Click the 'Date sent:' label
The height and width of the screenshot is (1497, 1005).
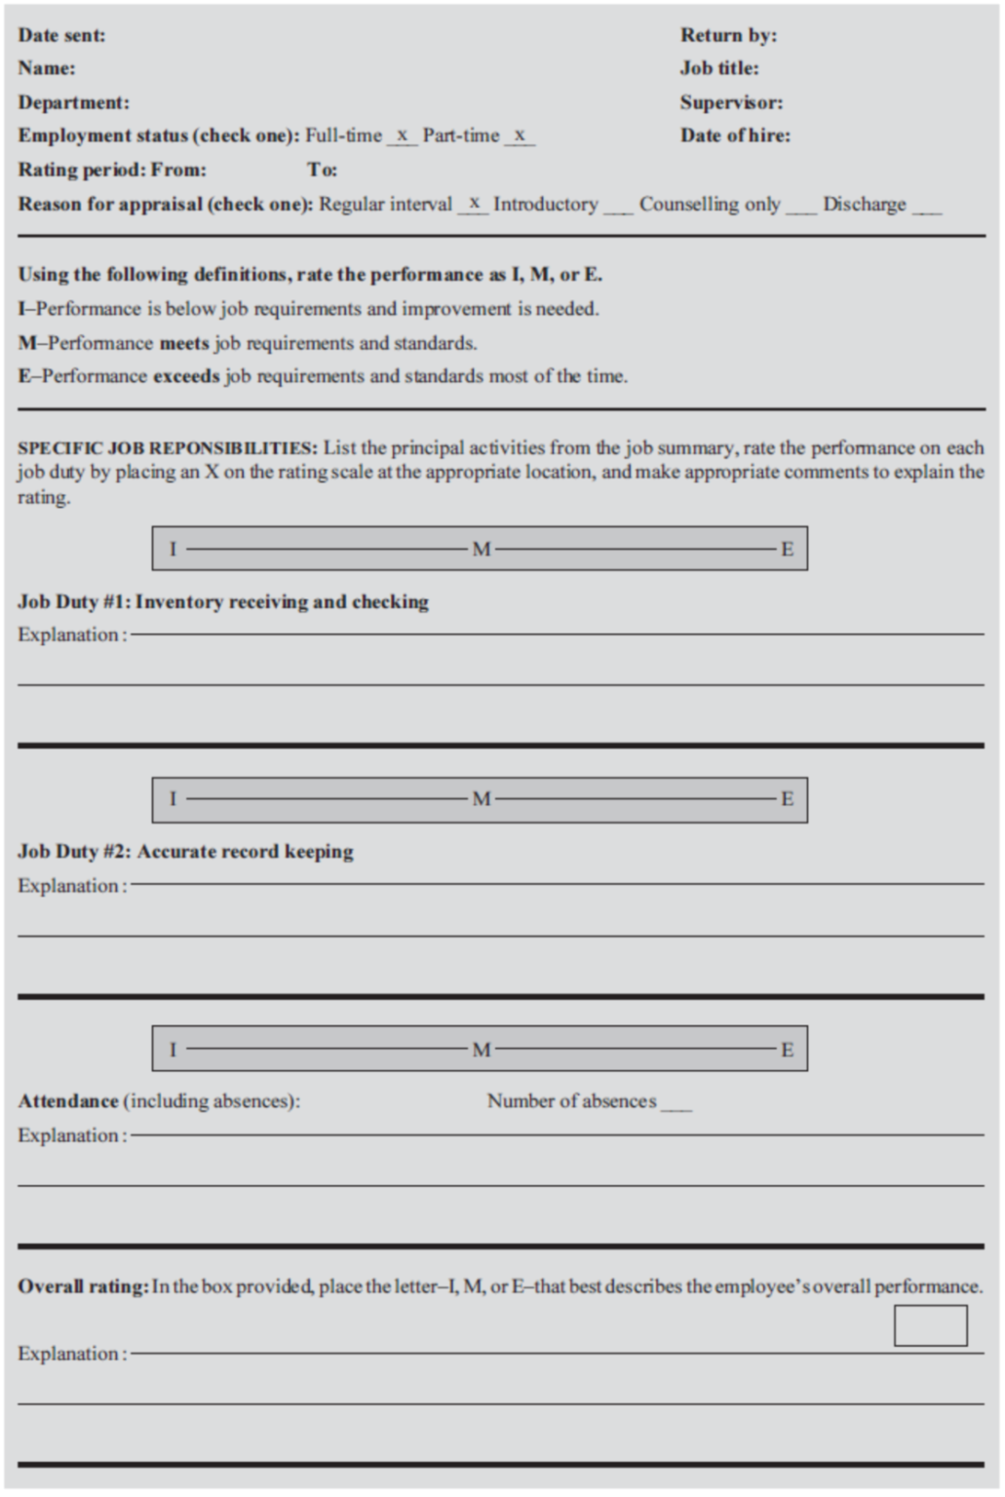click(x=61, y=35)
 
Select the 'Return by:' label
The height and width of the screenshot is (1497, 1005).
click(x=728, y=35)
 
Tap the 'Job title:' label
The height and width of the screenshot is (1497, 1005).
click(x=719, y=68)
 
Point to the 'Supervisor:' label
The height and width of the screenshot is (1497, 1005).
click(x=731, y=102)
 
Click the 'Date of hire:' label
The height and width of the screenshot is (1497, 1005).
click(x=735, y=135)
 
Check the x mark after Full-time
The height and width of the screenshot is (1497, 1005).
click(x=402, y=135)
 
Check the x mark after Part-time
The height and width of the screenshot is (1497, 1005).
click(x=520, y=135)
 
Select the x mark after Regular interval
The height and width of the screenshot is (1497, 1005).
click(x=474, y=203)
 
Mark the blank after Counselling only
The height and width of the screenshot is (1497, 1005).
click(x=801, y=208)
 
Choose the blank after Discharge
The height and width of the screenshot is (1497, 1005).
click(x=927, y=208)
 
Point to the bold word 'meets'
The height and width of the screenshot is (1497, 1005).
click(x=184, y=343)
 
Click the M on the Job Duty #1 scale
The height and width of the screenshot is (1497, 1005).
click(x=481, y=549)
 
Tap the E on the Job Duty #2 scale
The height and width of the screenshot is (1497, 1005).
click(x=787, y=799)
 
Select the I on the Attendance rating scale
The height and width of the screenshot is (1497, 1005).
click(x=174, y=1050)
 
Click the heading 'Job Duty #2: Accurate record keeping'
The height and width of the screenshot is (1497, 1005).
click(x=185, y=852)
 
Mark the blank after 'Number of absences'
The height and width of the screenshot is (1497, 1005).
click(x=676, y=1105)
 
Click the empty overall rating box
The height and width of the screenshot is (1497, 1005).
click(x=930, y=1326)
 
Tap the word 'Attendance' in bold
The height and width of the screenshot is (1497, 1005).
click(x=68, y=1101)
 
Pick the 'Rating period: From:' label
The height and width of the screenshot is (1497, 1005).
click(x=112, y=170)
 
